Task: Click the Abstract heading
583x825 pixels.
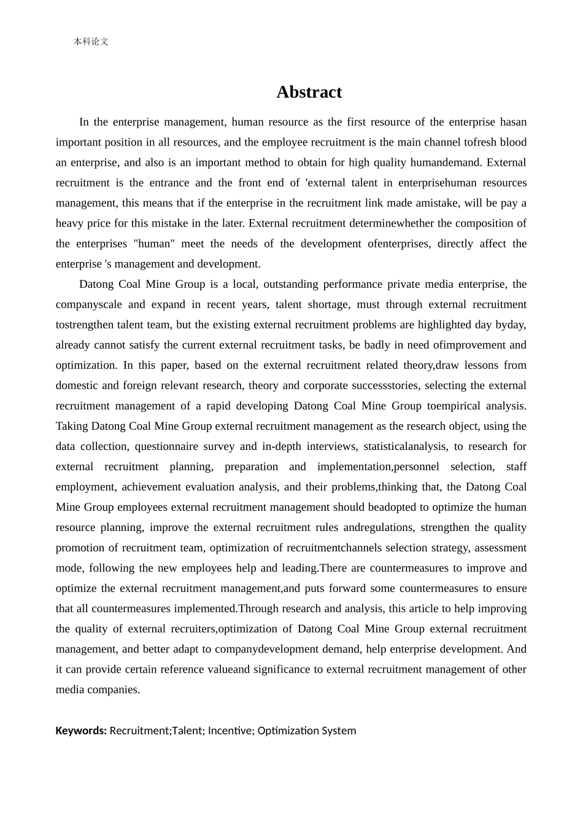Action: (309, 92)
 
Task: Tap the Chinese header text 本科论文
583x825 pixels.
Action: (91, 42)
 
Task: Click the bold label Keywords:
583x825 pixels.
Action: (81, 730)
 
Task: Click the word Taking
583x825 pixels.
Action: (71, 426)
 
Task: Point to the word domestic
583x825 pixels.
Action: (77, 385)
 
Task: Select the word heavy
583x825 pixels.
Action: (69, 223)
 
